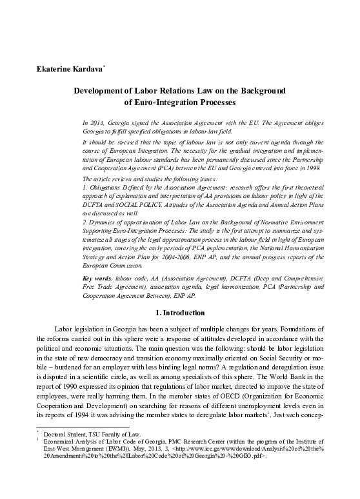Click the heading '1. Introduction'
pos(180,313)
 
